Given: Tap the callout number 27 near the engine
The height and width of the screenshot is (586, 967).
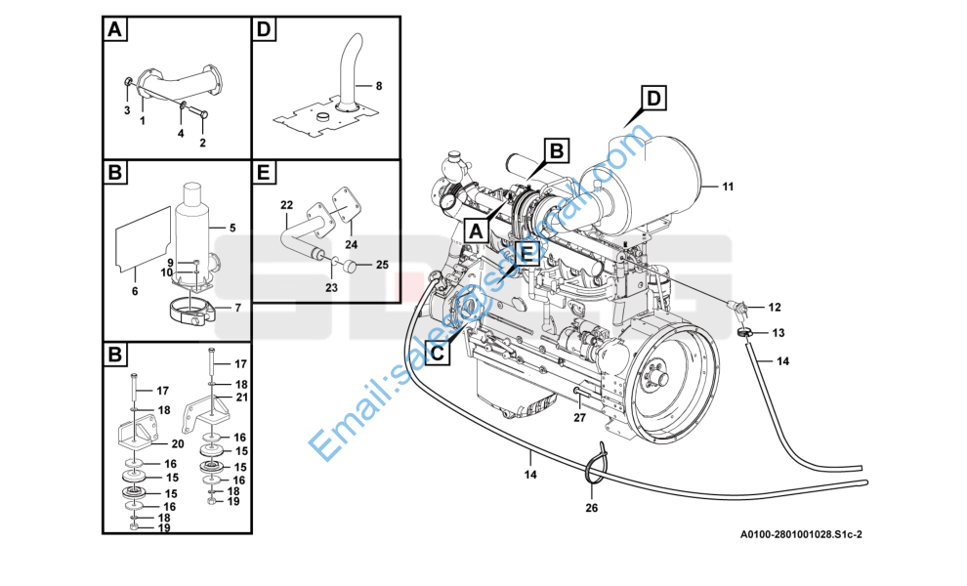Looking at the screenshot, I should coord(579,417).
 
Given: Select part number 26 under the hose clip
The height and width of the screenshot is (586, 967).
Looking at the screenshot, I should coord(591,507).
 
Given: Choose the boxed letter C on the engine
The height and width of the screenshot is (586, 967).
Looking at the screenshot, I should coord(440,351).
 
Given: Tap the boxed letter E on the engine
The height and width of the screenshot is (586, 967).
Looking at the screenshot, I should coord(526,253).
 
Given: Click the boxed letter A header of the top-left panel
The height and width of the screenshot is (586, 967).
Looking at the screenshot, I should coord(115,30).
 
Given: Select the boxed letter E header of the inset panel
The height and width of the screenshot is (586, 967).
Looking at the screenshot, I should coord(262,174).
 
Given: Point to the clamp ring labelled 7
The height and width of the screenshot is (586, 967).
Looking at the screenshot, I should coord(195,314).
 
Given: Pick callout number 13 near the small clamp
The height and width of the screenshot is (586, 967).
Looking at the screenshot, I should coord(778,333).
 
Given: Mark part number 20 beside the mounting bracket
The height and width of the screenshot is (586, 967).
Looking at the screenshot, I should coord(178,442).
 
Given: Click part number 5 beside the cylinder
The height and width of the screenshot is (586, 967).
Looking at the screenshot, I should coord(231,229).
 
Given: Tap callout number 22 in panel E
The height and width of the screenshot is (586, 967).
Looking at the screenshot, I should coord(286,204).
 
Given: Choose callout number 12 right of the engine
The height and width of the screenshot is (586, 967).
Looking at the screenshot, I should coord(775,307).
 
